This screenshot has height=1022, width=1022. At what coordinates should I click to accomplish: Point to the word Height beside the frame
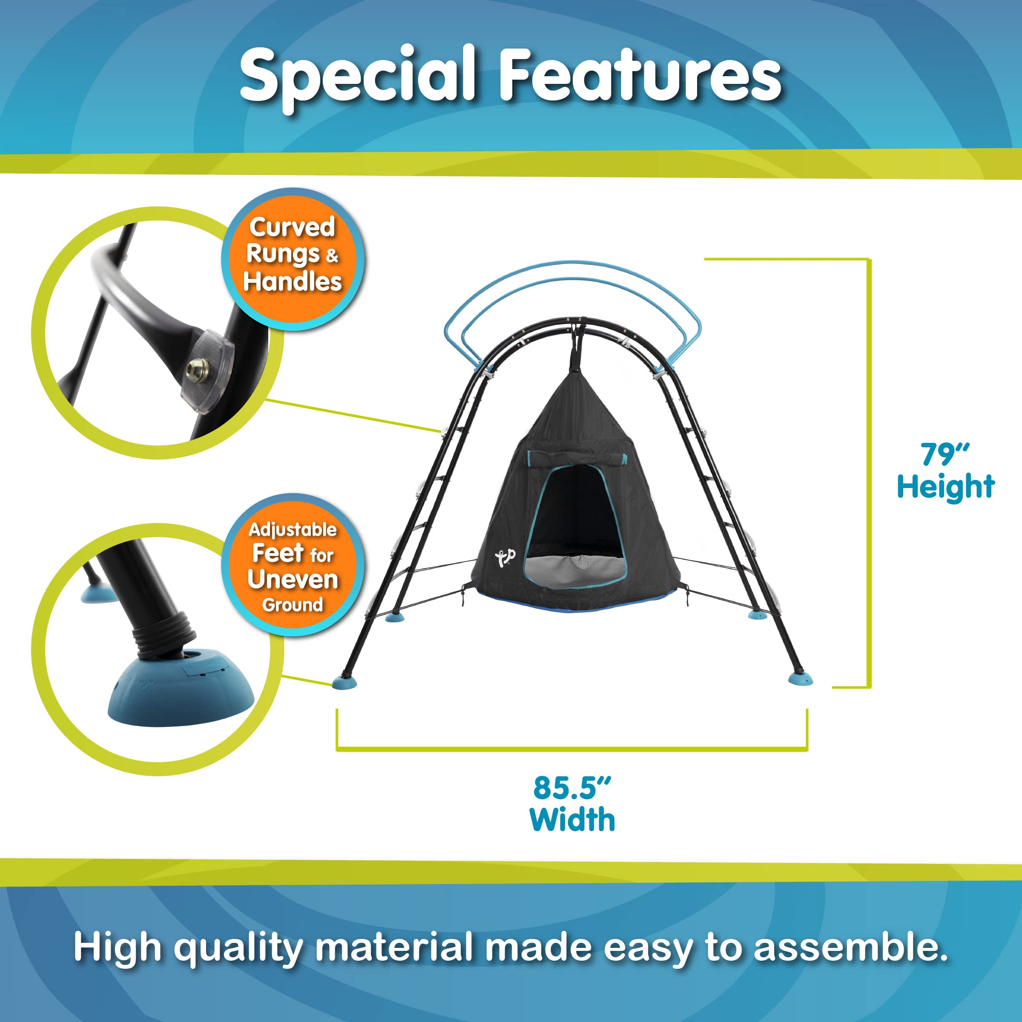(946, 487)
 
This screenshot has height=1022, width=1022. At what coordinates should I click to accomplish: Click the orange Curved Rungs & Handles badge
(293, 260)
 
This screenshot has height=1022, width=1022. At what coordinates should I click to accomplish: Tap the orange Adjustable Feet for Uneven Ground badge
(293, 566)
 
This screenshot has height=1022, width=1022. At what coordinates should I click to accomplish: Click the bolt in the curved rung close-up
(196, 365)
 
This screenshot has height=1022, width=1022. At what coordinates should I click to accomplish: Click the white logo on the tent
(505, 557)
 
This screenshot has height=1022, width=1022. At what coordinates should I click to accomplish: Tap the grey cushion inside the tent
(574, 571)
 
